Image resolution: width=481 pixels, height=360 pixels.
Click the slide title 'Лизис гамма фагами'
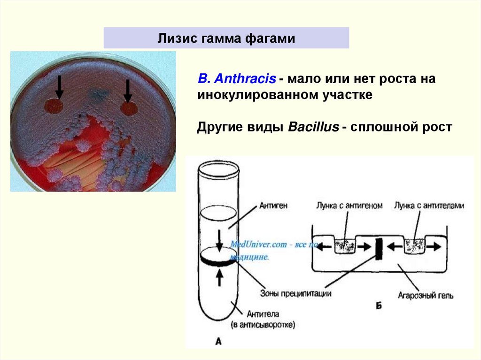(x=226, y=38)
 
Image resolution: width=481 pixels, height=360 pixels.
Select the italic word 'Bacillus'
(x=313, y=127)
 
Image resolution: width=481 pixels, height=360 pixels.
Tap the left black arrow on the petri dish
(x=59, y=87)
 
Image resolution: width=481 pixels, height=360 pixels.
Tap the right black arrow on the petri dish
(x=127, y=90)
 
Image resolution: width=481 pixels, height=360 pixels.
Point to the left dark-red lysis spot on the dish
(x=54, y=106)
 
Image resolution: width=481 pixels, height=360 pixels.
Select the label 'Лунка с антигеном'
(x=348, y=206)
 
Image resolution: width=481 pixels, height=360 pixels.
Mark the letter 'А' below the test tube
(x=218, y=342)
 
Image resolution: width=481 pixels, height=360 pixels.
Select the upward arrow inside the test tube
(x=218, y=277)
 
